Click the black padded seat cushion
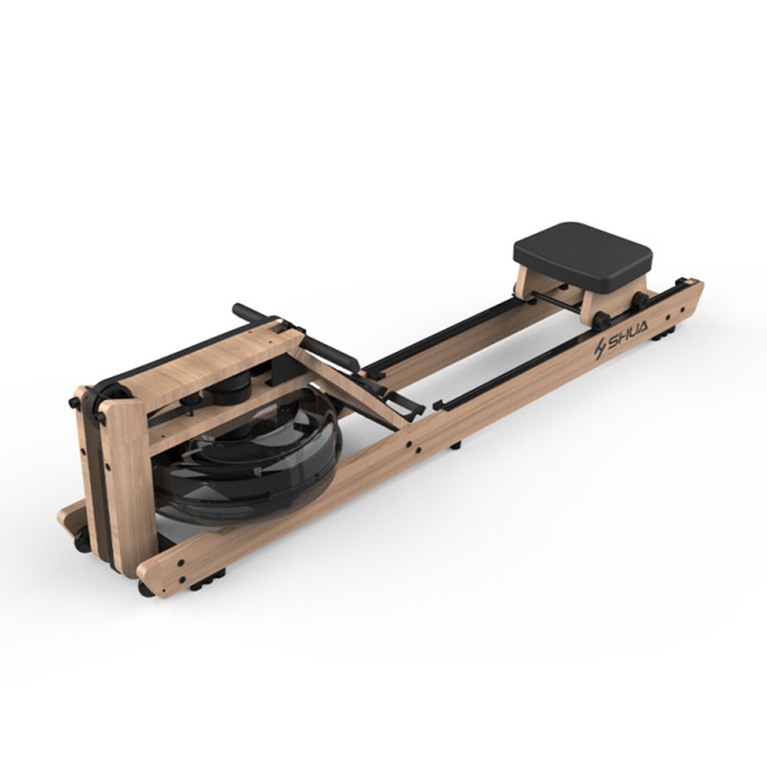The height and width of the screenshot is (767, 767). tap(582, 256)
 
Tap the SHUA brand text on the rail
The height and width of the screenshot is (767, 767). tap(628, 332)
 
